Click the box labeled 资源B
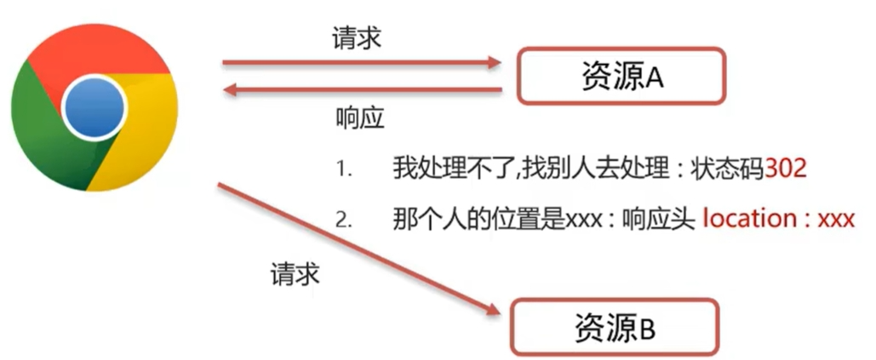point(614,326)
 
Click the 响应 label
point(359,118)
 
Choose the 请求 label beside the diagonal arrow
point(295,274)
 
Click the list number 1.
point(343,169)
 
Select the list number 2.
point(343,220)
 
